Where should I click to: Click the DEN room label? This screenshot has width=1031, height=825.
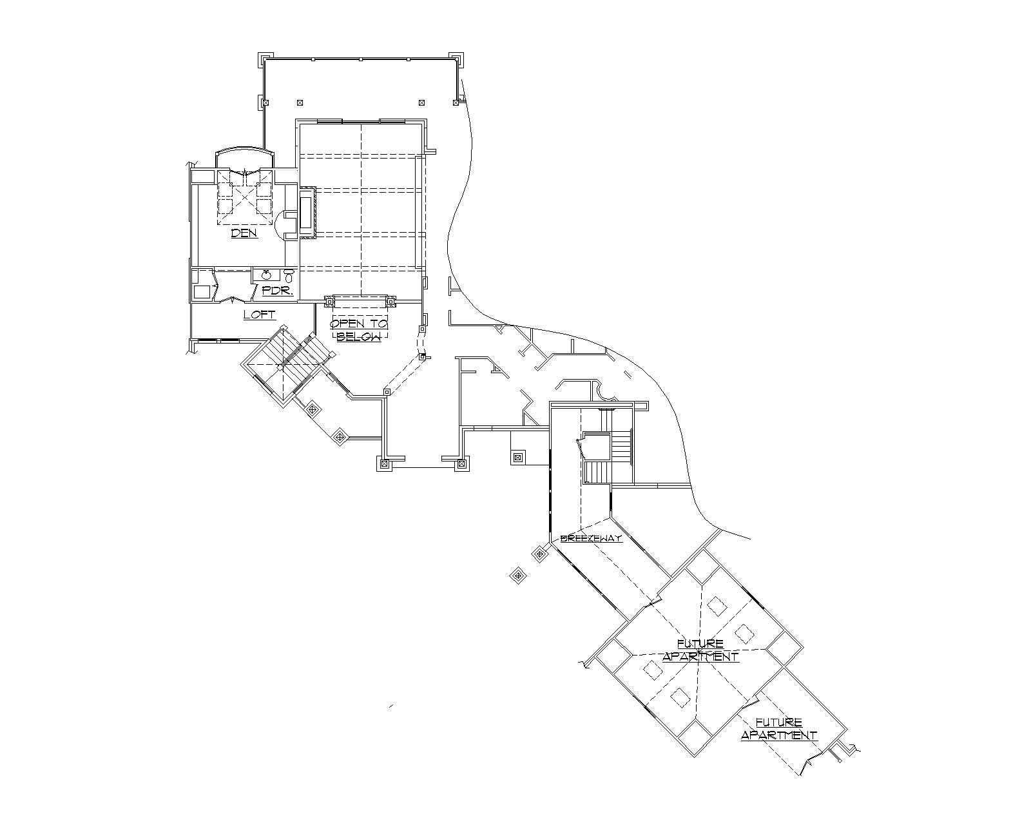pyautogui.click(x=244, y=233)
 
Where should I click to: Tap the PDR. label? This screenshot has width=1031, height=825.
pyautogui.click(x=278, y=291)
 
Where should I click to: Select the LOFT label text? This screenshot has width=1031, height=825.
pyautogui.click(x=260, y=315)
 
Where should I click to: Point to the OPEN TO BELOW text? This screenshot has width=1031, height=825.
pyautogui.click(x=360, y=330)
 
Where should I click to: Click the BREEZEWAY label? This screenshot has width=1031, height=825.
pyautogui.click(x=591, y=538)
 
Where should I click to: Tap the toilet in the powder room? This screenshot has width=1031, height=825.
pyautogui.click(x=289, y=276)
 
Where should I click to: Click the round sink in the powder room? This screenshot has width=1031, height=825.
pyautogui.click(x=266, y=275)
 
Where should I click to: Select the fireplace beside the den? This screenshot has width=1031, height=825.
pyautogui.click(x=306, y=213)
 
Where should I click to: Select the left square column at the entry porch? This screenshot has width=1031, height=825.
pyautogui.click(x=385, y=463)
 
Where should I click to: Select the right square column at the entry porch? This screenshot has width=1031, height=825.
pyautogui.click(x=461, y=463)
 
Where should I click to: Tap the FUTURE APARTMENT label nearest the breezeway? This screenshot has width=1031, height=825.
pyautogui.click(x=700, y=650)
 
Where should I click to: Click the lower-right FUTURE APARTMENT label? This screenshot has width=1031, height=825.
pyautogui.click(x=779, y=729)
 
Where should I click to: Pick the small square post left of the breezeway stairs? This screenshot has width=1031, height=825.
pyautogui.click(x=517, y=458)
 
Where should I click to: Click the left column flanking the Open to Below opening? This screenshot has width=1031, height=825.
pyautogui.click(x=330, y=301)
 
